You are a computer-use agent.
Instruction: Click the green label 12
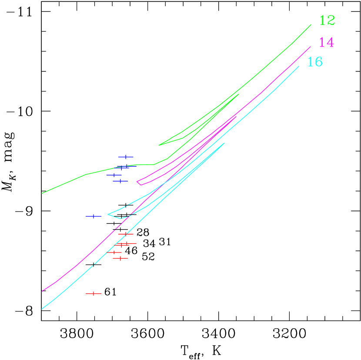pyautogui.click(x=327, y=20)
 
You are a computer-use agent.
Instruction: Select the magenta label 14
pyautogui.click(x=326, y=43)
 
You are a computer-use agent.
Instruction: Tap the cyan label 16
pyautogui.click(x=315, y=62)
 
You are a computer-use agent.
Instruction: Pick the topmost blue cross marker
pyautogui.click(x=126, y=157)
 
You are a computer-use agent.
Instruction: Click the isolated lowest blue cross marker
pyautogui.click(x=94, y=216)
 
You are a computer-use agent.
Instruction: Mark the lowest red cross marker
pyautogui.click(x=94, y=294)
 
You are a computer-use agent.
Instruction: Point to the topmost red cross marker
pyautogui.click(x=126, y=234)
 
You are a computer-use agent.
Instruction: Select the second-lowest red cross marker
pyautogui.click(x=120, y=259)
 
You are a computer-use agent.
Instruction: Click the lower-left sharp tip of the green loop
pyautogui.click(x=159, y=145)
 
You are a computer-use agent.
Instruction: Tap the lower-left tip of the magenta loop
pyautogui.click(x=137, y=182)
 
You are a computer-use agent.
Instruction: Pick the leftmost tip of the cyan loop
pyautogui.click(x=108, y=214)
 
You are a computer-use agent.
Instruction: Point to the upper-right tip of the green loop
pyautogui.click(x=239, y=94)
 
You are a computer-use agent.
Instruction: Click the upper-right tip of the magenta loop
pyautogui.click(x=236, y=116)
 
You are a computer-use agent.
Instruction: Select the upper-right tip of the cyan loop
pyautogui.click(x=224, y=143)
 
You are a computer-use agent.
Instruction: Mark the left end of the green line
pyautogui.click(x=42, y=193)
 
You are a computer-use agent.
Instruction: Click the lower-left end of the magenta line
pyautogui.click(x=42, y=291)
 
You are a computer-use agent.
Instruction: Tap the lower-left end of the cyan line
pyautogui.click(x=42, y=309)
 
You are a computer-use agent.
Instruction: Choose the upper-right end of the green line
pyautogui.click(x=311, y=25)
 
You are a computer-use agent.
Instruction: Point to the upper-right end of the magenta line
pyautogui.click(x=311, y=47)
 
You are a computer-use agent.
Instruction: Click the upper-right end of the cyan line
pyautogui.click(x=299, y=66)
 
